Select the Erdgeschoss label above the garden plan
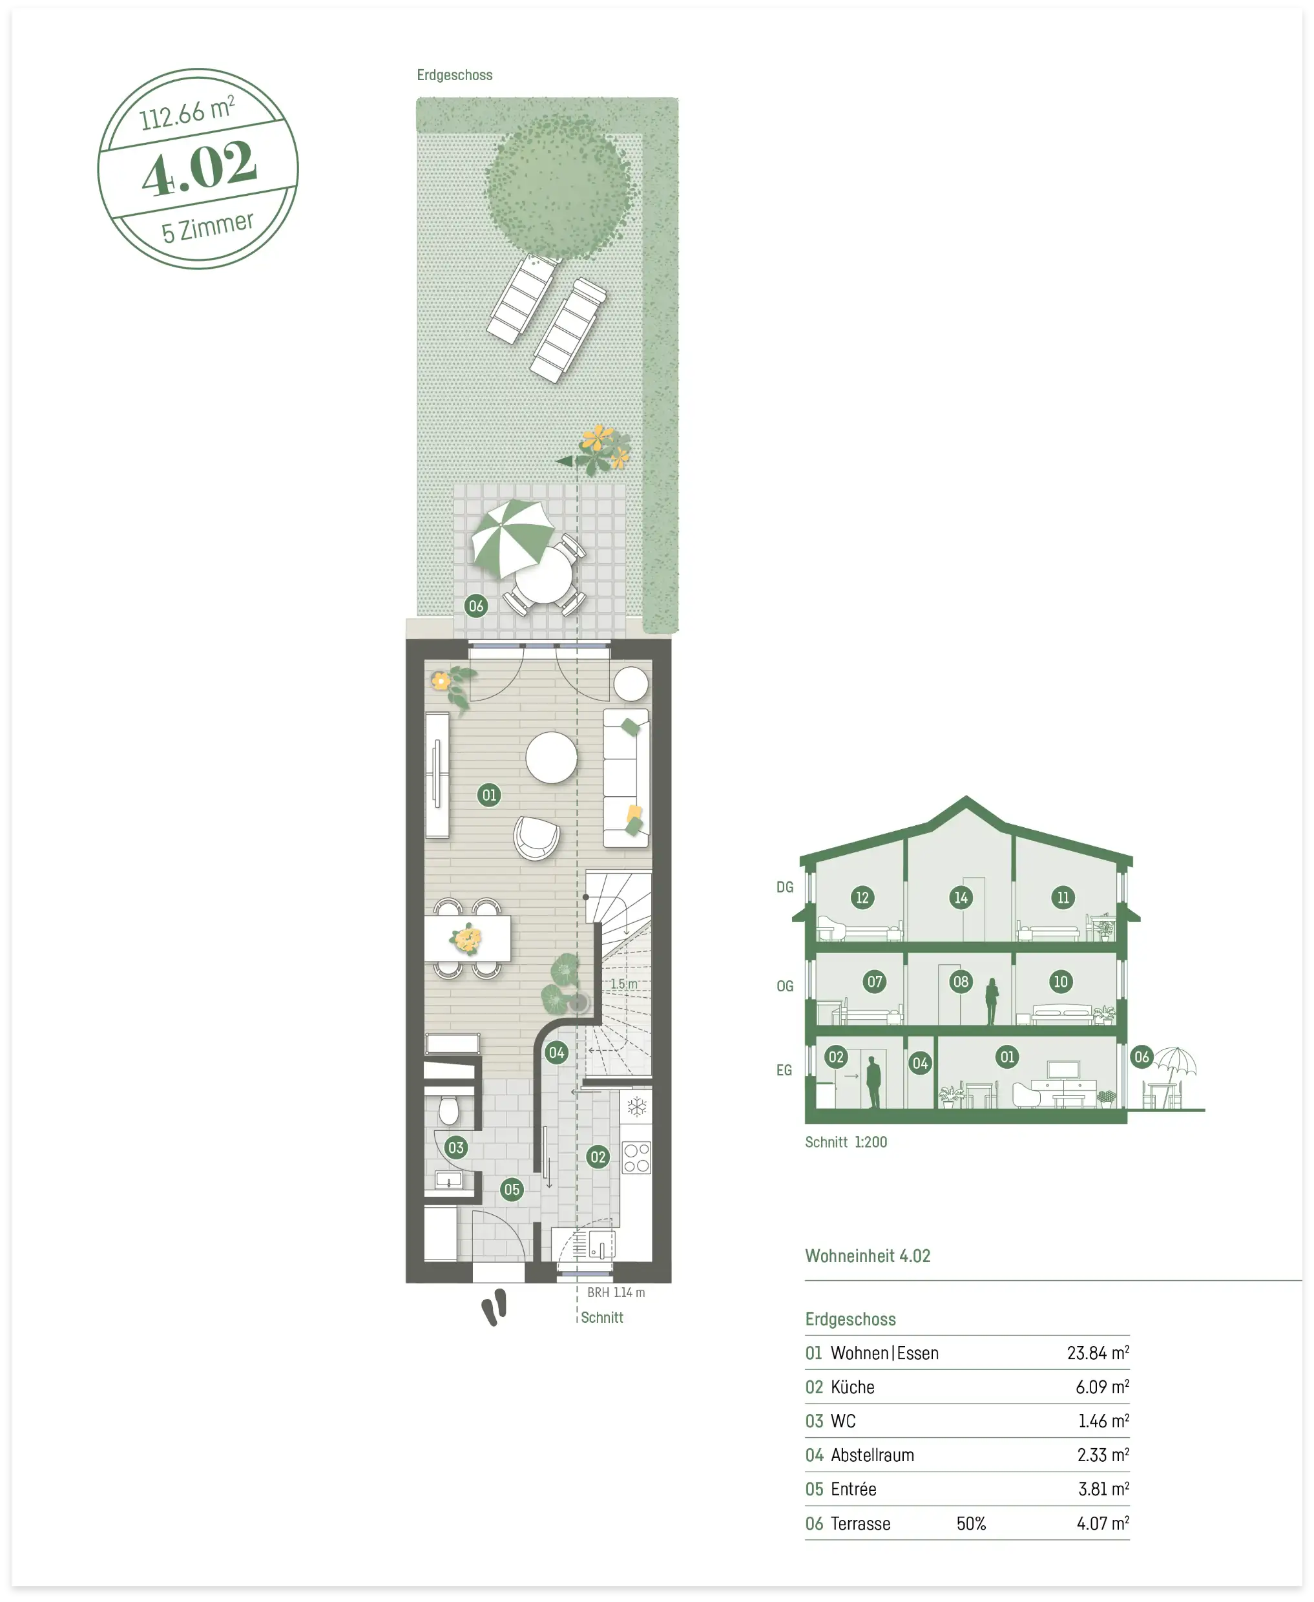click(x=454, y=75)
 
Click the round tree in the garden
click(x=558, y=185)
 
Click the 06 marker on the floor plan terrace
click(x=475, y=605)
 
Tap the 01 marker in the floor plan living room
click(x=489, y=794)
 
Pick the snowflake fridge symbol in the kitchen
click(x=636, y=1107)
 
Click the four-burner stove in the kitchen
click(x=636, y=1157)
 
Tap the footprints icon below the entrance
click(x=494, y=1307)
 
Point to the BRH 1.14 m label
click(x=616, y=1292)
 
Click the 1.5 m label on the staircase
click(x=623, y=984)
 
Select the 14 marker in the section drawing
click(x=961, y=897)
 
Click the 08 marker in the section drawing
click(x=961, y=981)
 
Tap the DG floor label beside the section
click(x=785, y=887)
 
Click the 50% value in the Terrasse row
click(x=971, y=1523)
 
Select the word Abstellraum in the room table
click(x=872, y=1455)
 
